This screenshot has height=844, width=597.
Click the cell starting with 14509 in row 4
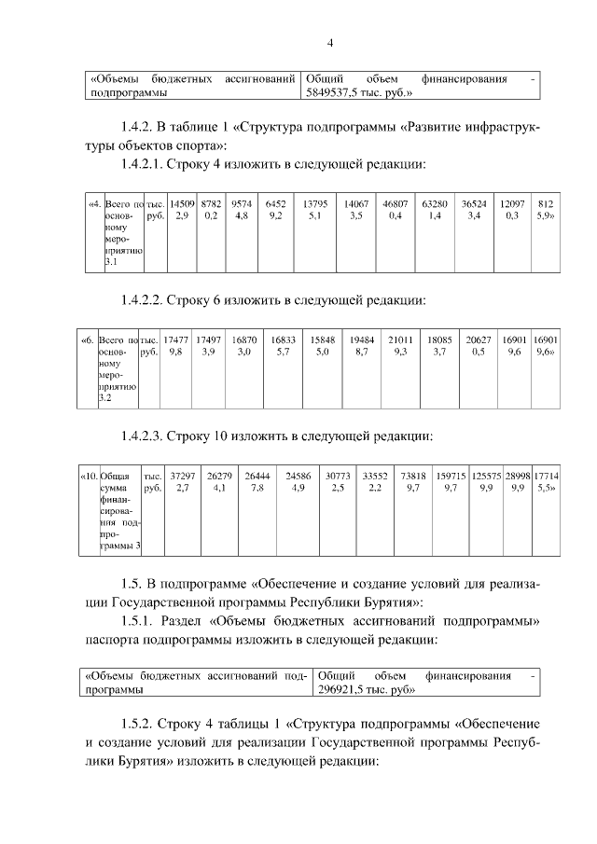[x=182, y=210]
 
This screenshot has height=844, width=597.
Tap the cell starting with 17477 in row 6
[x=175, y=347]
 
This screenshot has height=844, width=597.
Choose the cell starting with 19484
[x=361, y=347]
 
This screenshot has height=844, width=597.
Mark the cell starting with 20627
[x=479, y=347]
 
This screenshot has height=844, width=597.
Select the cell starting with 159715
[x=451, y=481]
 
